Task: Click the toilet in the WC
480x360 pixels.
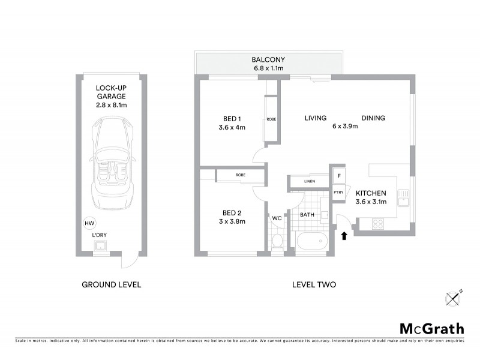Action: pyautogui.click(x=277, y=242)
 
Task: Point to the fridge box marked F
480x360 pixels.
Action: pyautogui.click(x=339, y=176)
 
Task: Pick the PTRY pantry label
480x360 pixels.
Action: pyautogui.click(x=338, y=192)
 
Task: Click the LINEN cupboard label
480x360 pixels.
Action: pyautogui.click(x=310, y=181)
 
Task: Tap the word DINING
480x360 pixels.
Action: pyautogui.click(x=373, y=118)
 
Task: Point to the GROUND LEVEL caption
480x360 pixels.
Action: pyautogui.click(x=111, y=284)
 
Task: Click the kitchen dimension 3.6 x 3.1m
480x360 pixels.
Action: pyautogui.click(x=371, y=202)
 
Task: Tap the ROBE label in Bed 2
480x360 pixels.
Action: pyautogui.click(x=240, y=175)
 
